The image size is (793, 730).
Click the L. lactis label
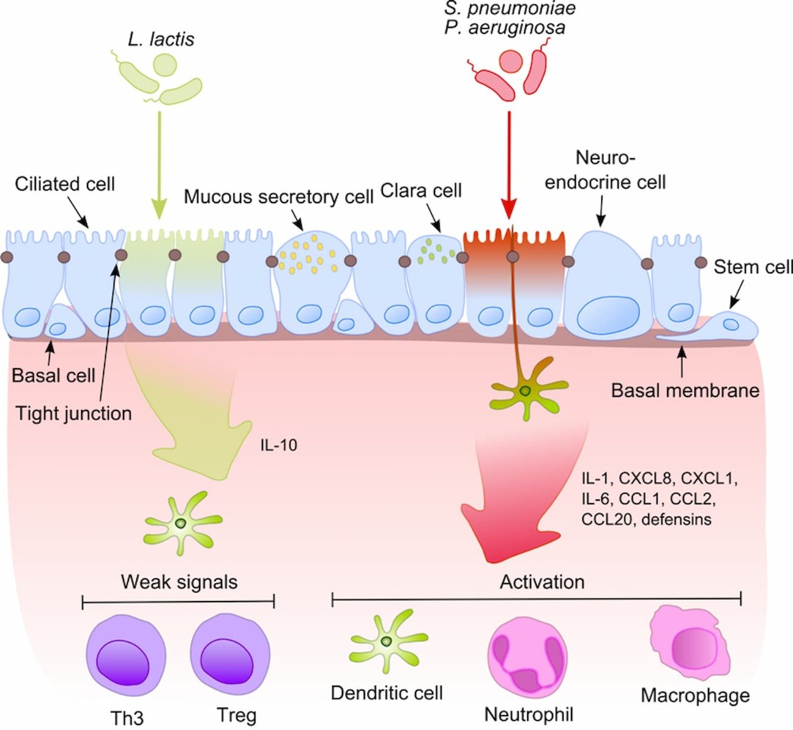[x=161, y=40]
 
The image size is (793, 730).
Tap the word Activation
[x=542, y=582]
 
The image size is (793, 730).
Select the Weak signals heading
[x=179, y=582]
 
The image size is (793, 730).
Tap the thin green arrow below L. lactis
[x=158, y=164]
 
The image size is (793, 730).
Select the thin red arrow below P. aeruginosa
[x=509, y=164]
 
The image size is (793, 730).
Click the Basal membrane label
[x=685, y=389]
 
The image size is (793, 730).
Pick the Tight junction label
[x=74, y=414]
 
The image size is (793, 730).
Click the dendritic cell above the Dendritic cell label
[x=386, y=642]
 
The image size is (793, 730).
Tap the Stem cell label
[x=753, y=267]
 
